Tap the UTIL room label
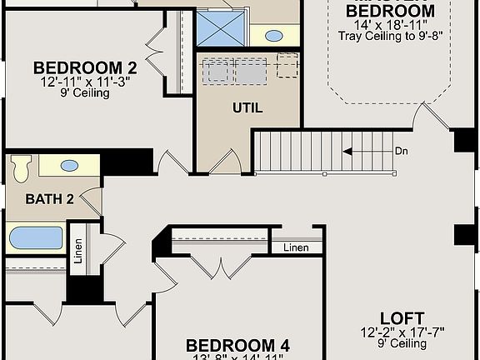point(247,108)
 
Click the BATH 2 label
point(50,199)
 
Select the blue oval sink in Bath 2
point(70,166)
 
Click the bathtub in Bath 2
point(36,238)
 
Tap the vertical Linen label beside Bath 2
point(77,252)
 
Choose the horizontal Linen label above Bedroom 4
point(296,247)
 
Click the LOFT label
point(402,318)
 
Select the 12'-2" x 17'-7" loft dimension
point(402,332)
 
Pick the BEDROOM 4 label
point(237,345)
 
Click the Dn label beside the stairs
point(402,152)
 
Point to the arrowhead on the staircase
point(347,152)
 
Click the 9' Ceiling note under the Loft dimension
point(402,342)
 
